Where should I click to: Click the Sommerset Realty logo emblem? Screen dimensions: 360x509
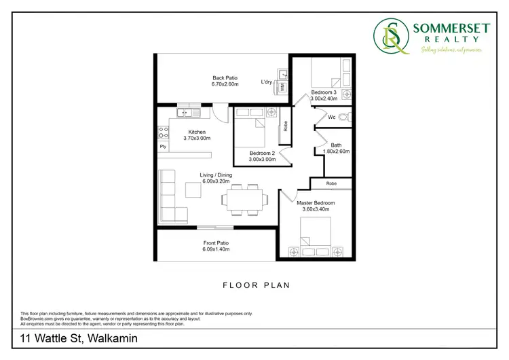click(x=391, y=37)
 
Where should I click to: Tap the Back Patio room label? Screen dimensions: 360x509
click(x=225, y=78)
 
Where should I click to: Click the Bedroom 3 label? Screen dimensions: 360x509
click(x=324, y=92)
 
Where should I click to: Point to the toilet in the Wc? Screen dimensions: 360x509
click(x=344, y=117)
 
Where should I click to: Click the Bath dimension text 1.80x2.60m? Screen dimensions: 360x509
click(x=336, y=151)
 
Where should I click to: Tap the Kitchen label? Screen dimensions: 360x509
click(x=197, y=132)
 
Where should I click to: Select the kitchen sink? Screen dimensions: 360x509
click(x=185, y=112)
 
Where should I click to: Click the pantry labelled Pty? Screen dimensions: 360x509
click(x=163, y=146)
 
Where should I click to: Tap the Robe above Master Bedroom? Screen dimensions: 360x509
click(x=331, y=183)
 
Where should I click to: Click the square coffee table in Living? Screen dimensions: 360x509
click(x=193, y=192)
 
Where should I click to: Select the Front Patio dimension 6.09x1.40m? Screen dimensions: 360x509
click(x=216, y=249)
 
